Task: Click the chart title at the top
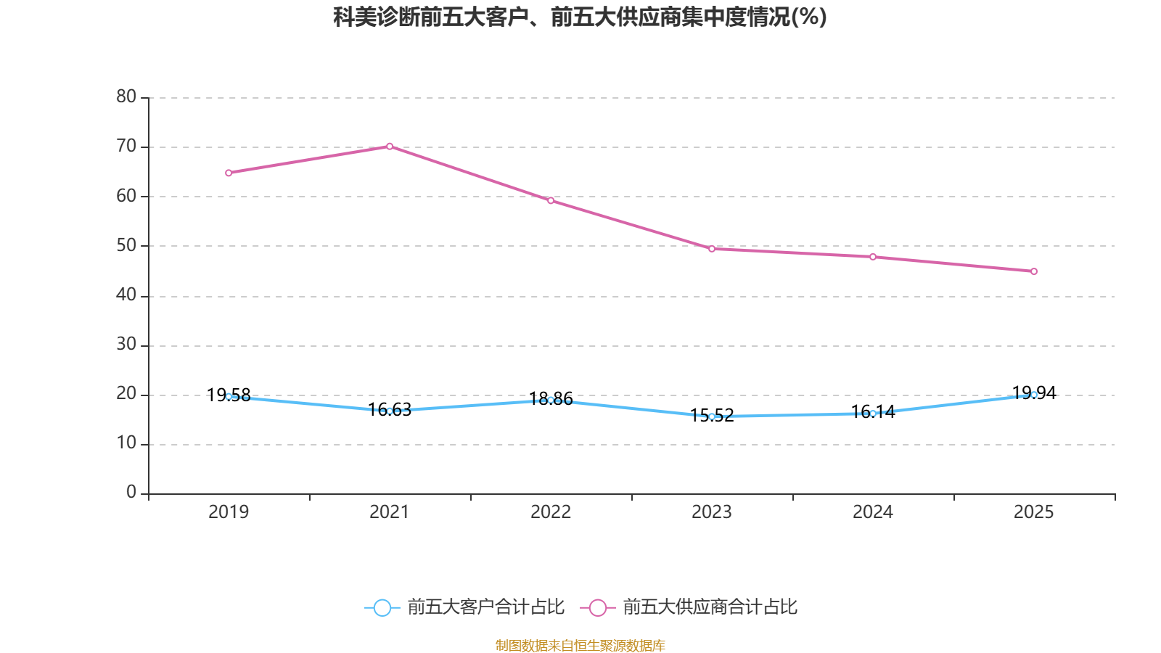tap(580, 17)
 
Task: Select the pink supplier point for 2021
tap(390, 147)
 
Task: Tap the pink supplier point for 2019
tap(229, 173)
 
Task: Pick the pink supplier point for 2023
tap(712, 249)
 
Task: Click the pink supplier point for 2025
tap(1034, 271)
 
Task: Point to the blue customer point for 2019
tap(229, 396)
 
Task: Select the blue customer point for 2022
tap(551, 400)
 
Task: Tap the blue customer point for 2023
tap(712, 416)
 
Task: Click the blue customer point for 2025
tap(1034, 395)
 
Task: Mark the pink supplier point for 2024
tap(873, 257)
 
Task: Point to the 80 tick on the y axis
tap(126, 96)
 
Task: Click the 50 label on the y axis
tap(126, 245)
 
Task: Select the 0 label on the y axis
tap(131, 493)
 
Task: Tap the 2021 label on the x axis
tap(390, 512)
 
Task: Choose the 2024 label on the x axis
tap(873, 512)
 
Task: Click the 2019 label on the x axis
tap(229, 512)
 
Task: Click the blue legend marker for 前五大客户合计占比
tap(382, 607)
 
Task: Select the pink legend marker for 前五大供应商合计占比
tap(598, 607)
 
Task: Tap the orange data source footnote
tap(580, 645)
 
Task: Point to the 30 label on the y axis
tap(126, 345)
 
